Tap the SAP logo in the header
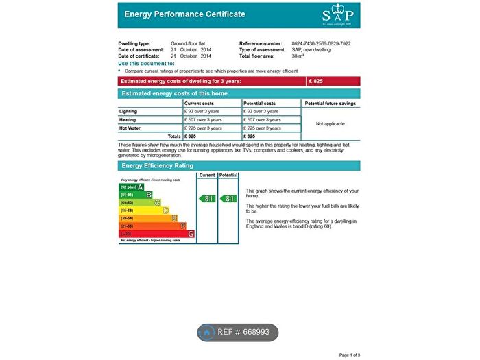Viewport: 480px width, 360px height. click(x=338, y=14)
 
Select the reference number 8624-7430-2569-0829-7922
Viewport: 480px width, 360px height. click(x=321, y=43)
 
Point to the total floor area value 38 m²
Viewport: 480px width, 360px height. click(x=298, y=56)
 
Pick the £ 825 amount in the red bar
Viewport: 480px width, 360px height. click(x=316, y=81)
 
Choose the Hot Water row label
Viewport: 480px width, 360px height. click(x=130, y=128)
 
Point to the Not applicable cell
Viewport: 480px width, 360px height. click(x=330, y=124)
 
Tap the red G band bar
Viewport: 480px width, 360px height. click(x=156, y=234)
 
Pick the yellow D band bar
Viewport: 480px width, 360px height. click(x=144, y=210)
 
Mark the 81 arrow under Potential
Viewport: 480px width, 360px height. click(x=229, y=198)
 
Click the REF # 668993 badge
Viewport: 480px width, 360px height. click(x=238, y=333)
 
